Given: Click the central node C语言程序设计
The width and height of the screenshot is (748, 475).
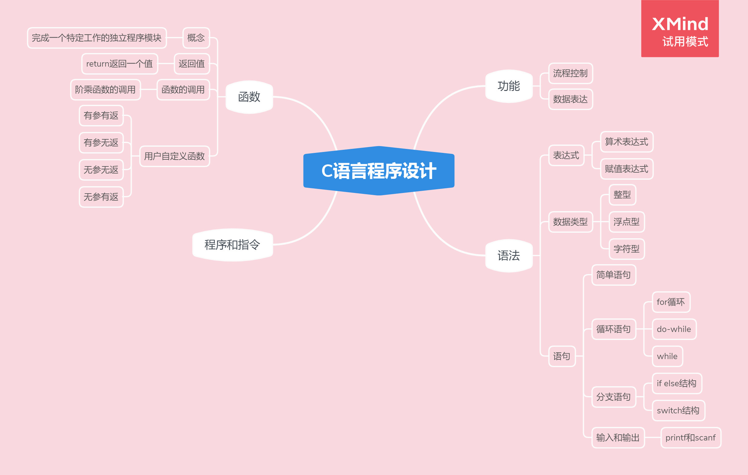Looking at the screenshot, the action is coord(379,171).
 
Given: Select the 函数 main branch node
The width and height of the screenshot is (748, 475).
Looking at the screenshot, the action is coord(249,97).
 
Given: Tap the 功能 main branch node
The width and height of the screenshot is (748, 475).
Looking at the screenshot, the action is coord(509,86).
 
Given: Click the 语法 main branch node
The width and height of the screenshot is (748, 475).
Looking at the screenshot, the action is coord(509,256).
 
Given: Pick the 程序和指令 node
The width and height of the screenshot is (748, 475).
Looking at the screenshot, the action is coord(232,245).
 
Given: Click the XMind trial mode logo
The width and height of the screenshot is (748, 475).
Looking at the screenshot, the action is coord(680,29).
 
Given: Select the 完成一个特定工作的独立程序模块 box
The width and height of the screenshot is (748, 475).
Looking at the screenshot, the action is coord(97,38).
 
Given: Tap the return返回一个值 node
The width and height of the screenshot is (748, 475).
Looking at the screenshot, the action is coord(120,63).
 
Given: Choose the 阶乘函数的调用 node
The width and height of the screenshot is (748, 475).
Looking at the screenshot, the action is coord(105,90).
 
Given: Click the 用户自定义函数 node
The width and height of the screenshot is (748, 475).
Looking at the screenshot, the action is coord(174,156).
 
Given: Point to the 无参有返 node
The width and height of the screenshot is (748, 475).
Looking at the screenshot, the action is coord(101,197).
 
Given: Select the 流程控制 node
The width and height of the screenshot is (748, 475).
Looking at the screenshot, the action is coord(570,73).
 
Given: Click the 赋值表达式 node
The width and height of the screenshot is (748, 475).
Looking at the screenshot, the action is coord(626,169).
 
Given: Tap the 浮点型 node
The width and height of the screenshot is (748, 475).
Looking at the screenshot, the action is coord(626,222).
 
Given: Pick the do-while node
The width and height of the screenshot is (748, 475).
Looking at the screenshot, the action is coord(674,329).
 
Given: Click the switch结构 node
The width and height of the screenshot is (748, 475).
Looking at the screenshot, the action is coord(678,411).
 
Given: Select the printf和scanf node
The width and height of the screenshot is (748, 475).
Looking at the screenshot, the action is coord(690,437).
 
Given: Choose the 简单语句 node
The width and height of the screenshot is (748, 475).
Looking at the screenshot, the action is coord(614,275).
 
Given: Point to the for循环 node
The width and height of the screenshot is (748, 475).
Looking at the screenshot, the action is coord(671,302).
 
